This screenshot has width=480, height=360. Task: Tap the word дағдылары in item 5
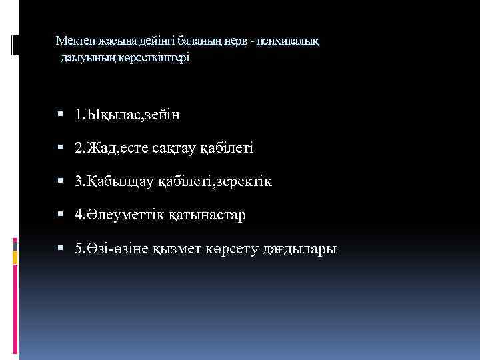(x=300, y=249)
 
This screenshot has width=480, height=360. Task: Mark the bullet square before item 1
(x=61, y=115)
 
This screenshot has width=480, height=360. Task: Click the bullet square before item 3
(x=61, y=181)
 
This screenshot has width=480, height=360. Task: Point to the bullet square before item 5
(x=61, y=249)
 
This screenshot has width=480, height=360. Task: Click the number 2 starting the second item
(x=79, y=148)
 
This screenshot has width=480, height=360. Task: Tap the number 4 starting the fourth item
(x=79, y=215)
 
